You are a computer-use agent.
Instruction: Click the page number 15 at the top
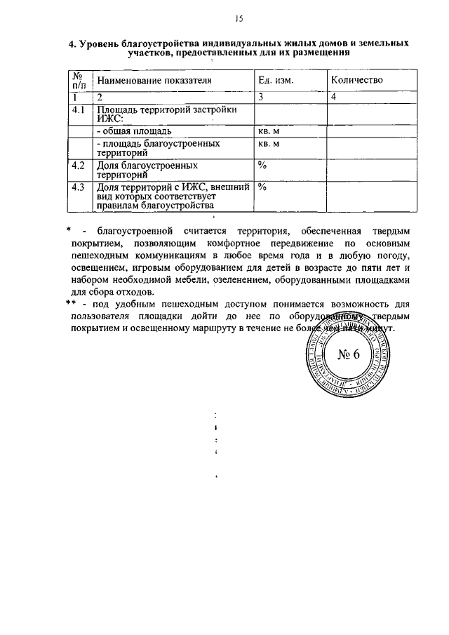pos(238,18)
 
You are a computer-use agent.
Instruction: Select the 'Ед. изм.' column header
pos(276,81)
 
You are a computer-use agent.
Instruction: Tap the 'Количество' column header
pos(357,81)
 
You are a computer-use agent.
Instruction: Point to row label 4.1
pos(79,110)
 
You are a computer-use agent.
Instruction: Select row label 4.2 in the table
pos(79,166)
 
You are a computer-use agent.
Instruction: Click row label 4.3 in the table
pos(79,187)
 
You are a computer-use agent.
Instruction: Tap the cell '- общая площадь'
pos(134,131)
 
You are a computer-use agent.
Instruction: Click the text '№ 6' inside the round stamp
pos(348,354)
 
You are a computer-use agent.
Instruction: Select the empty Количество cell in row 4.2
pos(373,171)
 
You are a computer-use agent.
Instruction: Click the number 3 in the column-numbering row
pos(260,97)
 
